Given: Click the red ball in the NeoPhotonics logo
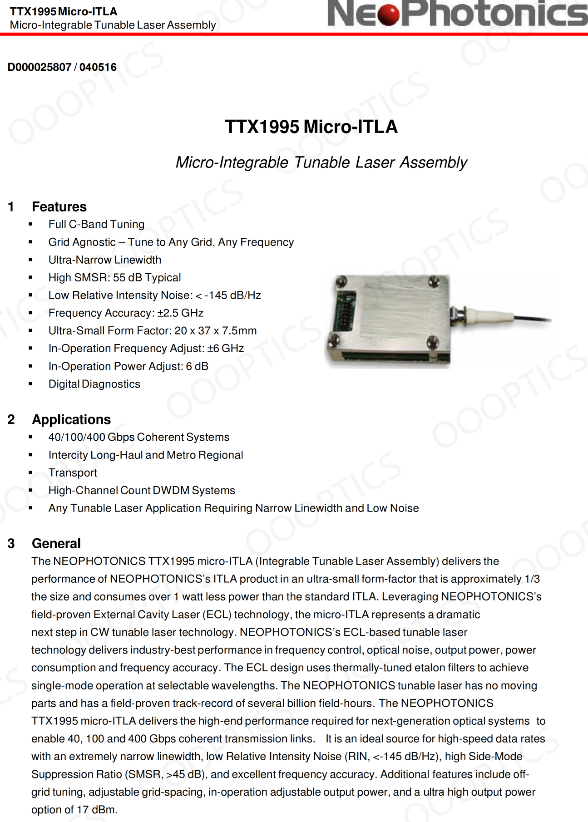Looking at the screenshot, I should (x=388, y=14).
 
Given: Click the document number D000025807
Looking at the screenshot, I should (x=40, y=67).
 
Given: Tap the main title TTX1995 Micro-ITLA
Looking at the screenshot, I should (x=311, y=127).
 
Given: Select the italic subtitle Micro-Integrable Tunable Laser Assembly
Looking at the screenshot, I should (x=321, y=162).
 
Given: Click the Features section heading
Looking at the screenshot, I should (x=59, y=207).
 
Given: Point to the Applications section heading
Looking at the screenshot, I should (x=71, y=419).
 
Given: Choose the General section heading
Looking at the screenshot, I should (x=56, y=543).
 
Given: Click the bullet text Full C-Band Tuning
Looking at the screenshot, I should (x=96, y=224).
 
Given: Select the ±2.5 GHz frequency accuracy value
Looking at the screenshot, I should (x=180, y=313).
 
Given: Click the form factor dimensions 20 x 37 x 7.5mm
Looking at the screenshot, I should (x=215, y=330).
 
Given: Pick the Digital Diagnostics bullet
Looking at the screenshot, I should (x=94, y=384).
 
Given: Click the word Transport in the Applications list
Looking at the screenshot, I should (x=73, y=473).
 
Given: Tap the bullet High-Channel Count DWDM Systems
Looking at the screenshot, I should (x=142, y=490).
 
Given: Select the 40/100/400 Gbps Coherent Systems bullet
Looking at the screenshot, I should (x=139, y=437).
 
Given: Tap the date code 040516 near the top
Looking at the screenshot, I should (x=98, y=67).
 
